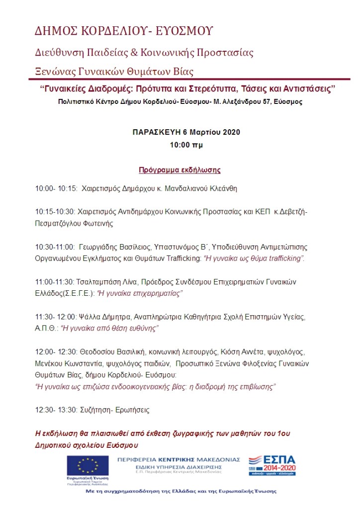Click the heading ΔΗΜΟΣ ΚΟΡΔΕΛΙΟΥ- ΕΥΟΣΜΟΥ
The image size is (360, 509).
[x=124, y=31]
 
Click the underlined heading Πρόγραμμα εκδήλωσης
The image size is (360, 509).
[x=180, y=170]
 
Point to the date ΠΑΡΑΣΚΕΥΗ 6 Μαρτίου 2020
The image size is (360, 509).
[x=186, y=132]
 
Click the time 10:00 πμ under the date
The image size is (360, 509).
[x=186, y=145]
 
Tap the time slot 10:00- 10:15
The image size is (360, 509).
[x=56, y=189]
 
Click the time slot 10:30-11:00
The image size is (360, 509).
[x=55, y=247]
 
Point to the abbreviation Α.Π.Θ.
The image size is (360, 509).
[x=46, y=329]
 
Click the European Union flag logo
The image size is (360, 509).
[x=88, y=466]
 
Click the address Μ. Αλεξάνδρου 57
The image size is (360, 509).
[x=229, y=102]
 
